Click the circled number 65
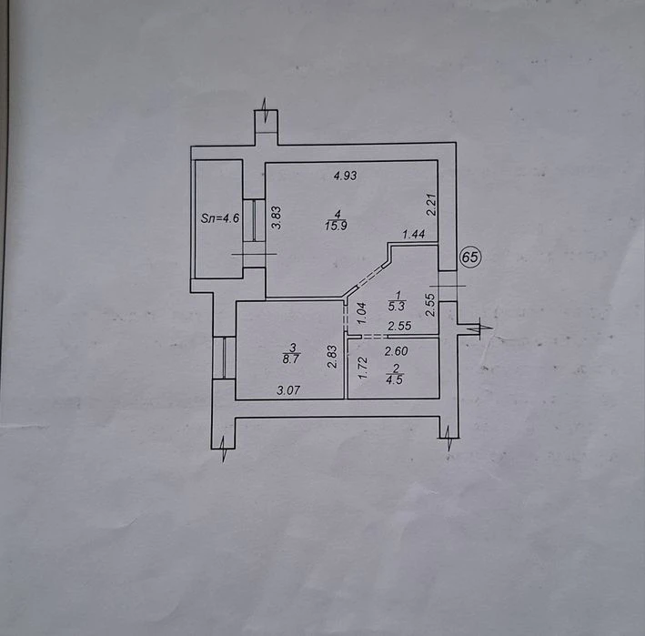pos(470,257)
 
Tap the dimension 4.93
pos(346,176)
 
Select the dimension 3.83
pos(277,217)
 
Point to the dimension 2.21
pos(430,205)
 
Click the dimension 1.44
pos(414,235)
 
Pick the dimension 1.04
pos(361,314)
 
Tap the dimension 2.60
pos(396,351)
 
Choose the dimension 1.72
pos(362,368)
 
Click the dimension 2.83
pos(332,357)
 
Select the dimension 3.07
pos(288,390)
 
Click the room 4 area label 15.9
pos(336,226)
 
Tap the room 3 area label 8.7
pos(292,358)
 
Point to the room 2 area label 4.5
pos(395,379)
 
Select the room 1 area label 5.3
pos(397,306)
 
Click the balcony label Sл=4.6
pos(220,218)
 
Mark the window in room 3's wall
pos(224,358)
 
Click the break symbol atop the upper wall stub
pos(266,109)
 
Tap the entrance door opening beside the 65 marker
pos(448,286)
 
